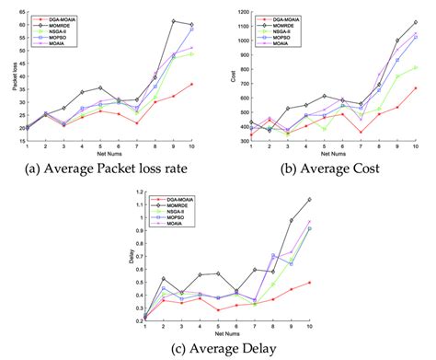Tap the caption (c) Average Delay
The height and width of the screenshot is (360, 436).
click(219, 350)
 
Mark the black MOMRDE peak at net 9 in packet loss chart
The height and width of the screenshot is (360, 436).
click(174, 20)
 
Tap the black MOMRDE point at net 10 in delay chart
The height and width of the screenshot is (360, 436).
click(309, 199)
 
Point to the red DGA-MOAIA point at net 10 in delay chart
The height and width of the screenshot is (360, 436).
click(309, 283)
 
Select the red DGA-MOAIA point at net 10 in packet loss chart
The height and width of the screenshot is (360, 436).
click(191, 84)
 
